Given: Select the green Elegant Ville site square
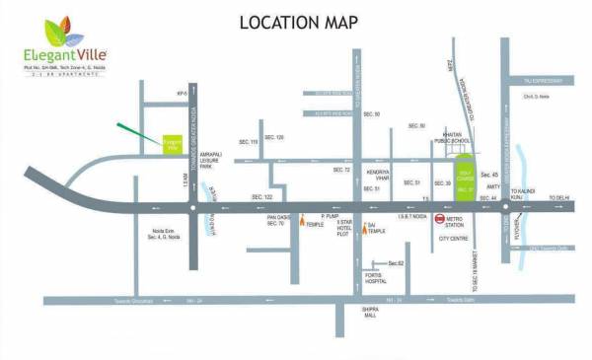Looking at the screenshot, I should [174, 145].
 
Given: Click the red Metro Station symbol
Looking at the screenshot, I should [439, 220].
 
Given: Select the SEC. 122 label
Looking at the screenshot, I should [262, 197].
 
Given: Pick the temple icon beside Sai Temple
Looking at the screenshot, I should [359, 226].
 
